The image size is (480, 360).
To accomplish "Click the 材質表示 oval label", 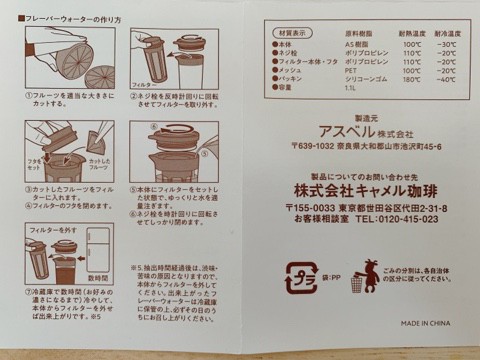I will (x=289, y=32).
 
